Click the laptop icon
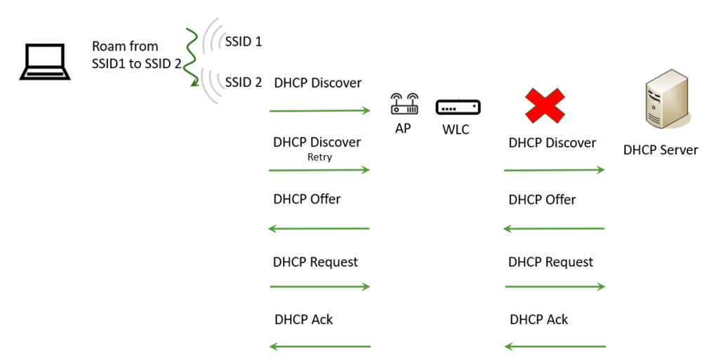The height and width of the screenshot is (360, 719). (44, 62)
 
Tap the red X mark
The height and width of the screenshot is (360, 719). (545, 106)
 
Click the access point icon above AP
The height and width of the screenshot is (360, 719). (403, 105)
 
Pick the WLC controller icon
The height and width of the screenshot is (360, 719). (459, 107)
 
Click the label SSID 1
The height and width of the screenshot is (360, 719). (244, 41)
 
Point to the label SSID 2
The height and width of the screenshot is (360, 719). (244, 83)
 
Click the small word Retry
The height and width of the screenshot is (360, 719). (319, 157)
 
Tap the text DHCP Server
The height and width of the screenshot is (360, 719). (660, 149)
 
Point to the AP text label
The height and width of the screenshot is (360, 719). (402, 129)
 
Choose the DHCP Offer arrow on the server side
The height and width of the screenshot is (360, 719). (555, 229)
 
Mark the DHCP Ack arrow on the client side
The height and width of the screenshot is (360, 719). (320, 346)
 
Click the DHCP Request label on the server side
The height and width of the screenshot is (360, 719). (550, 262)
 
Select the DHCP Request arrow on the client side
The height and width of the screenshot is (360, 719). (320, 286)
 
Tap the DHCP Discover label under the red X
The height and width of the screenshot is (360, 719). (552, 143)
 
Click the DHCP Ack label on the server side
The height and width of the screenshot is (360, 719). (539, 320)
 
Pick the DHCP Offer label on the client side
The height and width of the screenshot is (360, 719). (307, 199)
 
